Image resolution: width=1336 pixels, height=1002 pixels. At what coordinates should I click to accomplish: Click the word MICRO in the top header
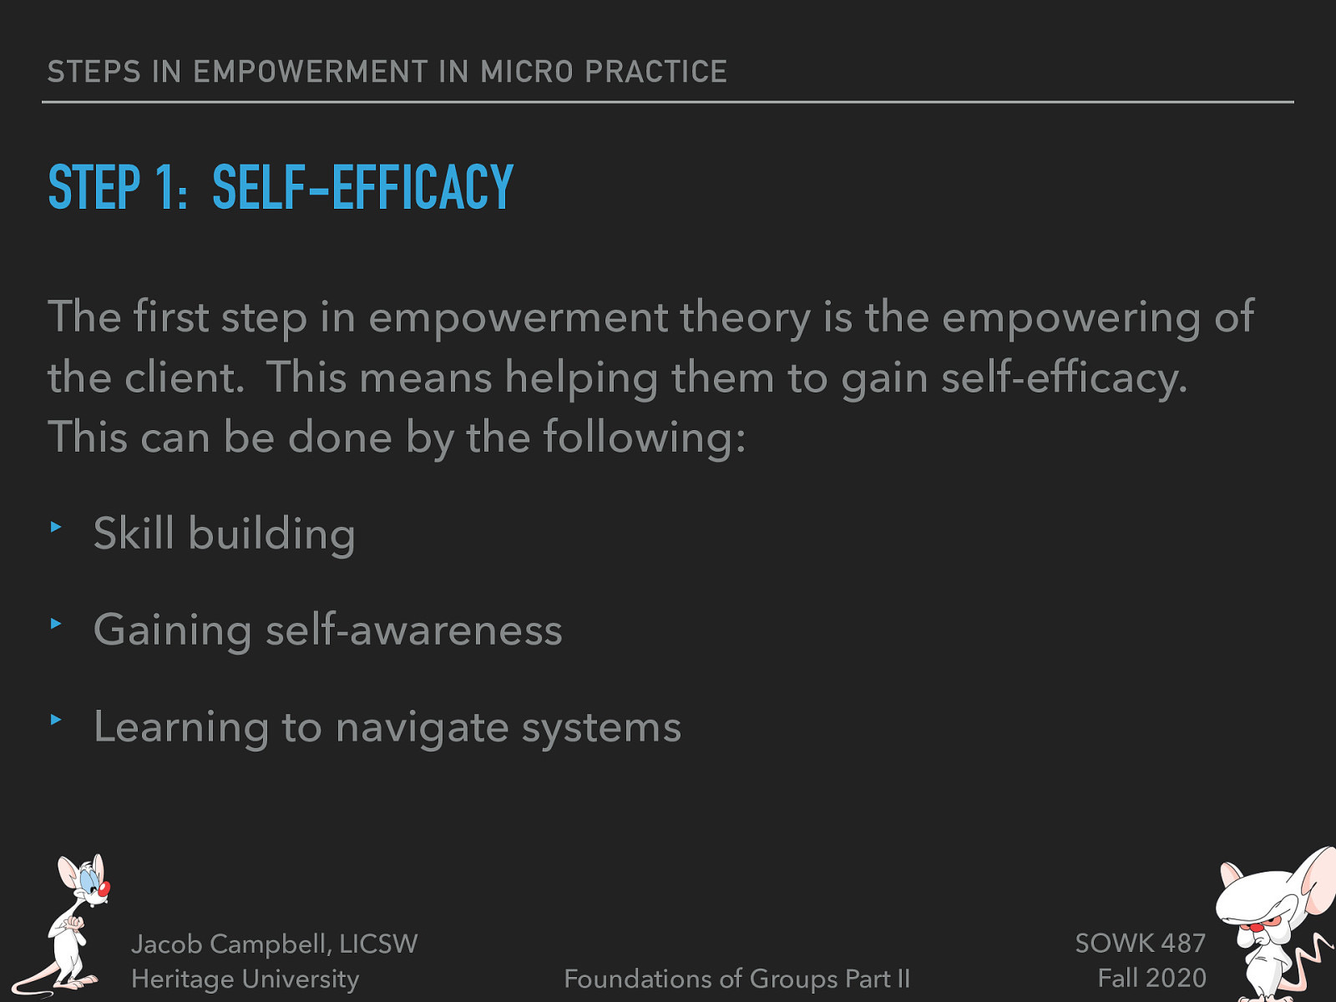coord(527,72)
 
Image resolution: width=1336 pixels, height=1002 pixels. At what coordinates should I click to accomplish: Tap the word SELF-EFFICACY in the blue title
coord(362,187)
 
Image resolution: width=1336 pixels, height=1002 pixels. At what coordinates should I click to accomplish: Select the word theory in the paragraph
coord(745,318)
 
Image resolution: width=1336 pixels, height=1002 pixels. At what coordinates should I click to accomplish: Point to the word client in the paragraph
coord(183,378)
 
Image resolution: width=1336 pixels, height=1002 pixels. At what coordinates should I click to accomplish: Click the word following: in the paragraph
coord(644,438)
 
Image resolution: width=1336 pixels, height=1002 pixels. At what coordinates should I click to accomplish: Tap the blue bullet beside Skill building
coord(56,527)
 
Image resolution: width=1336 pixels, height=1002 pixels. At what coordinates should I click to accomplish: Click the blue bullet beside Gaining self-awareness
coord(56,623)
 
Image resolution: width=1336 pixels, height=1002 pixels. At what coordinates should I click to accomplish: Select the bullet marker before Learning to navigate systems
coord(56,719)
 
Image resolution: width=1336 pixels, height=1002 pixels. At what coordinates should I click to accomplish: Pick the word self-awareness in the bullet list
coord(413,630)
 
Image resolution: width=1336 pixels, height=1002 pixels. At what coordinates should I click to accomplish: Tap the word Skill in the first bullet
coord(134,534)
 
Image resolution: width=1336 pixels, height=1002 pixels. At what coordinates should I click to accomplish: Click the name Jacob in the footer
coord(167,944)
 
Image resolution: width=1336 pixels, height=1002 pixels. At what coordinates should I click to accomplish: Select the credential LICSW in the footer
coord(378,944)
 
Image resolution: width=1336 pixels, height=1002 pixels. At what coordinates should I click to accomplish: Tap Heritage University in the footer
coord(245,979)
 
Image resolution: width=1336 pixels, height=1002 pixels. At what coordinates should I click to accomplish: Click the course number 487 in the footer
coord(1183,944)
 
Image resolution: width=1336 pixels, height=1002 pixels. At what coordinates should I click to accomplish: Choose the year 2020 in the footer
coord(1177,978)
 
